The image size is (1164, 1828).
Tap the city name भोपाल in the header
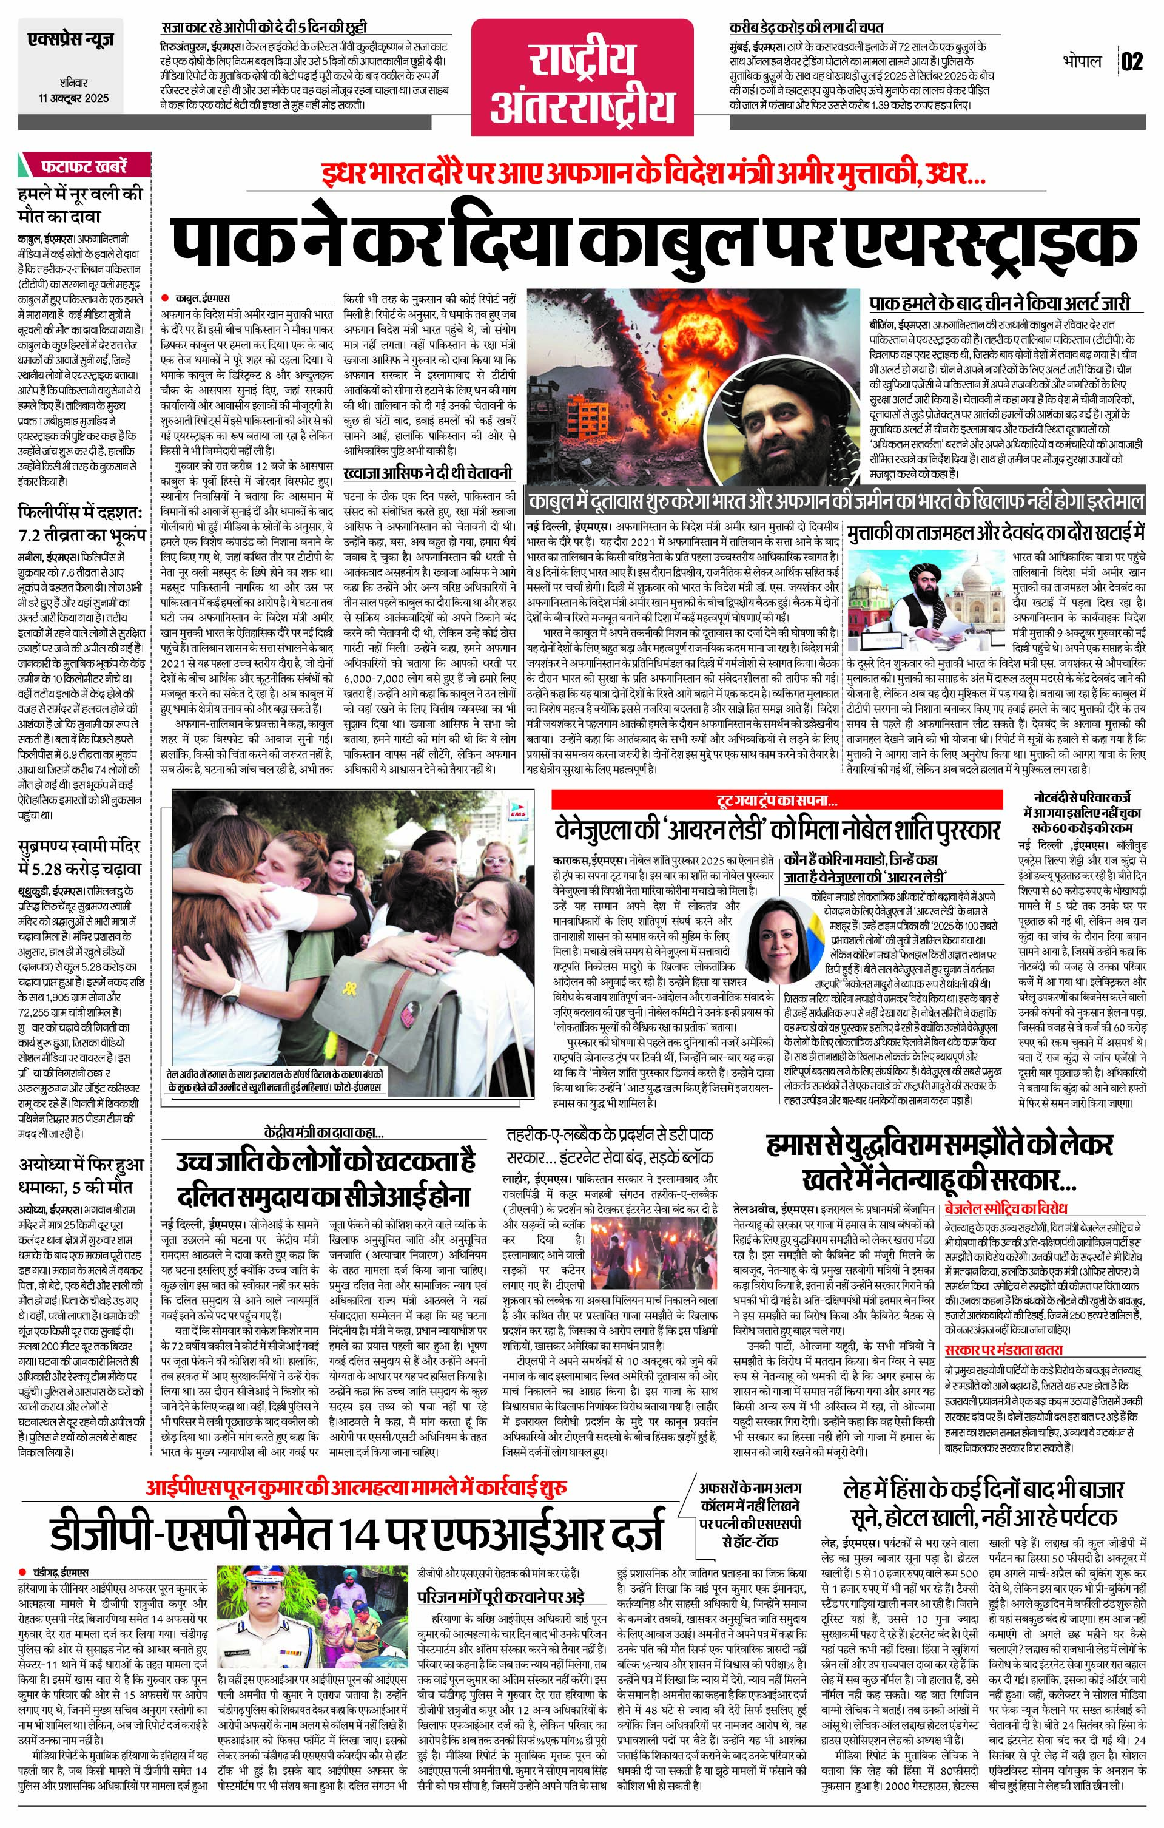[1082, 61]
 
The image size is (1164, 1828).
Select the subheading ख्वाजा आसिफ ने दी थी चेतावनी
[427, 472]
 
